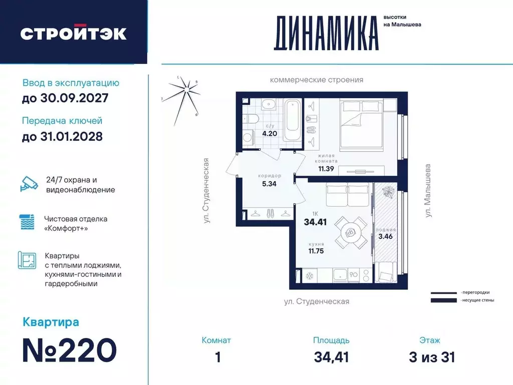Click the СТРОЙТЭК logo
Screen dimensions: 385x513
73,33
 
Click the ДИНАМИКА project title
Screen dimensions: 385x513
326,33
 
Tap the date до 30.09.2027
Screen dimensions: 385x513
65,98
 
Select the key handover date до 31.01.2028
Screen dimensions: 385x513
62,136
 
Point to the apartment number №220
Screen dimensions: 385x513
70,349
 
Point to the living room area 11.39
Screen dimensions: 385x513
327,169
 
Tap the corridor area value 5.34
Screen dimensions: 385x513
269,183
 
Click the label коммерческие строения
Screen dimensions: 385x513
316,80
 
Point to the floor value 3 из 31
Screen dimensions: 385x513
431,357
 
